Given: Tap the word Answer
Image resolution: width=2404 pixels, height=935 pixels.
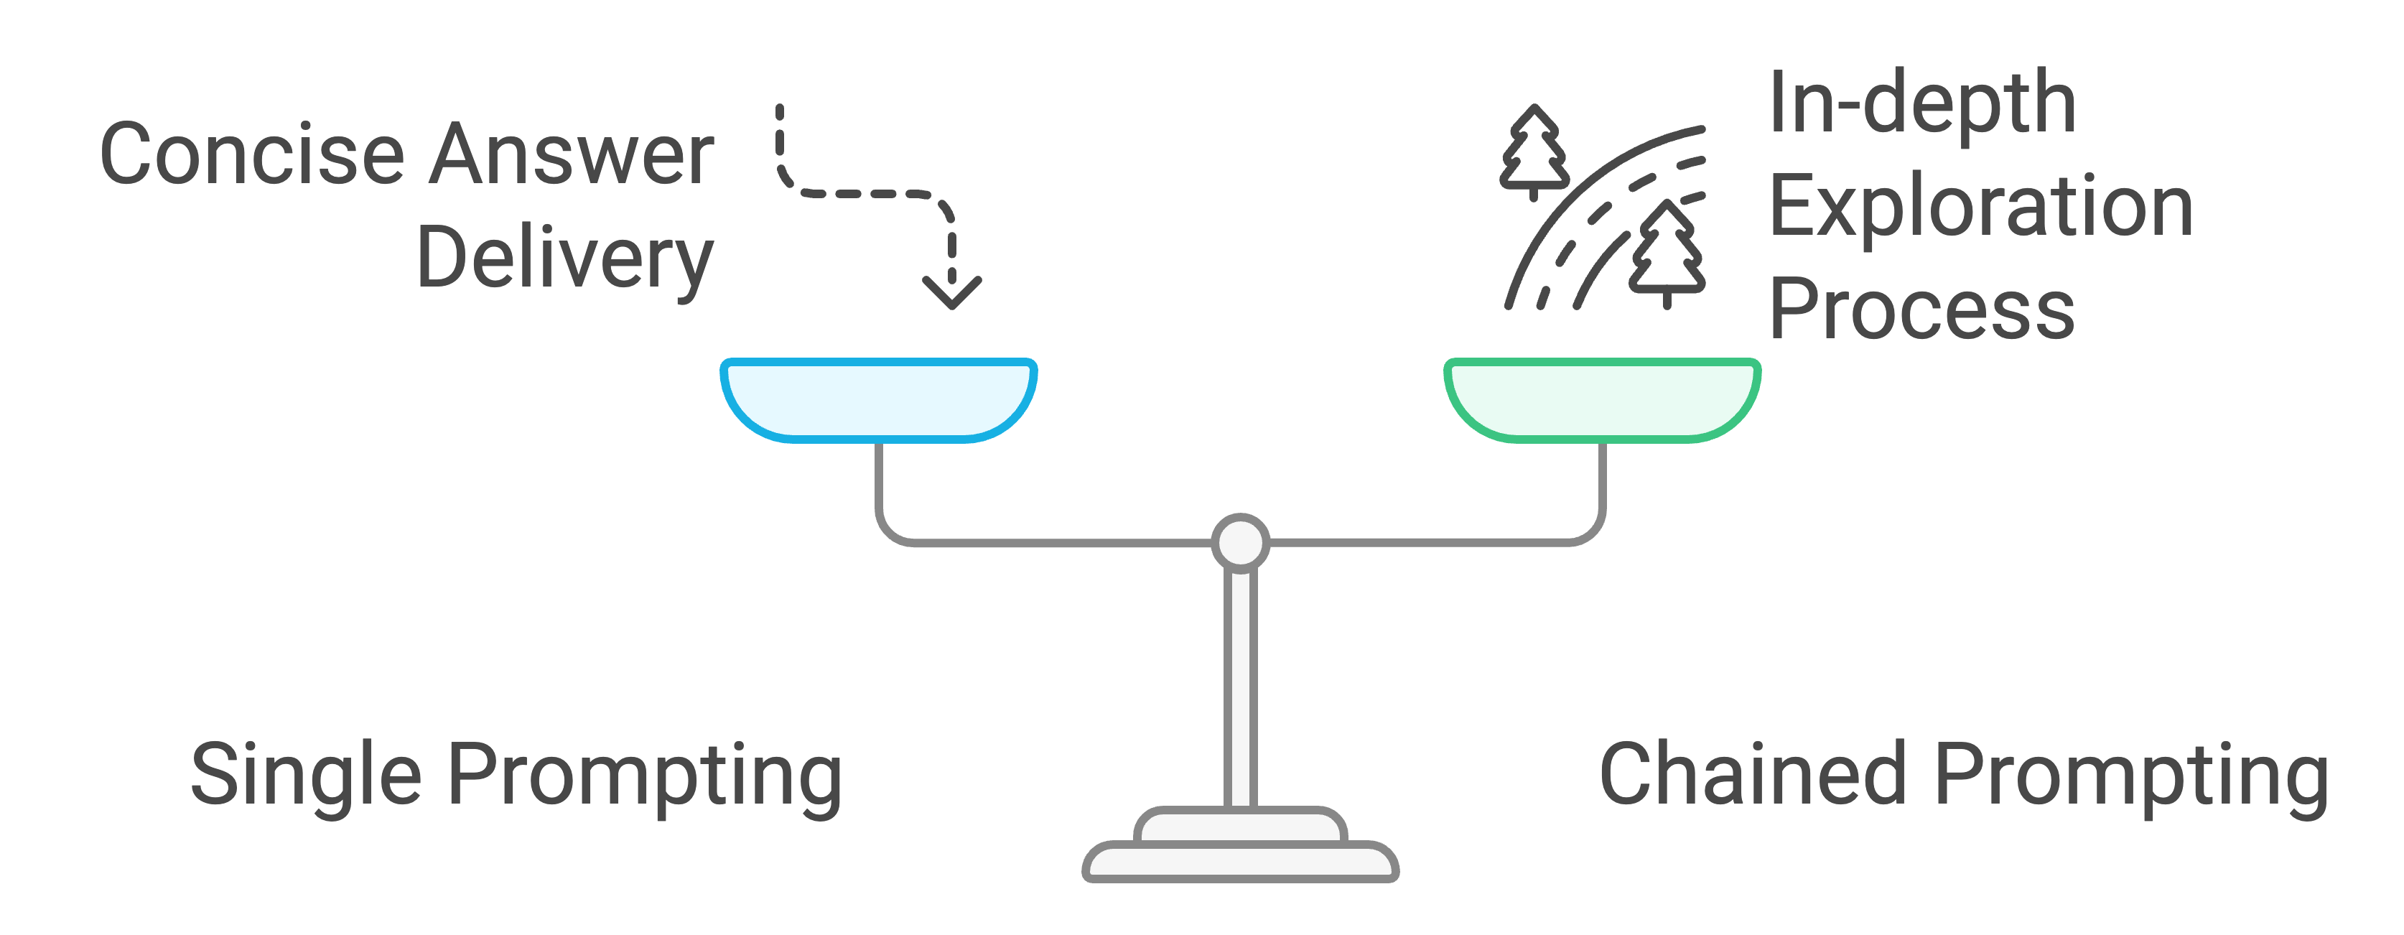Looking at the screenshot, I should [571, 155].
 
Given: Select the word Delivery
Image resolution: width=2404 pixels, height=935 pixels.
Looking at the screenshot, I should [564, 259].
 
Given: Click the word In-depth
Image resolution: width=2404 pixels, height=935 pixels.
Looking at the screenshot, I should [1921, 105].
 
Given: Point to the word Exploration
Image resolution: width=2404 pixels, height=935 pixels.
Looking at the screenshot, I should [1980, 207].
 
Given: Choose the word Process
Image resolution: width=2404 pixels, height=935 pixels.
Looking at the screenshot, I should [1921, 310].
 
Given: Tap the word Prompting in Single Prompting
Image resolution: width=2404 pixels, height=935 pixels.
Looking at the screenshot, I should [645, 775].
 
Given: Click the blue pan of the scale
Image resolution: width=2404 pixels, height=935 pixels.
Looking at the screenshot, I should [878, 399].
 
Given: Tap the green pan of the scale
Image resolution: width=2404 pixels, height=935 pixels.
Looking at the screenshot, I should [1601, 399].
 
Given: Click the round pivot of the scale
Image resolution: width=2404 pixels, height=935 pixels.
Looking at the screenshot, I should [1240, 541].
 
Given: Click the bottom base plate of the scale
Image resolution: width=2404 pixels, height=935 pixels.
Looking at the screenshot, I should [1240, 863].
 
